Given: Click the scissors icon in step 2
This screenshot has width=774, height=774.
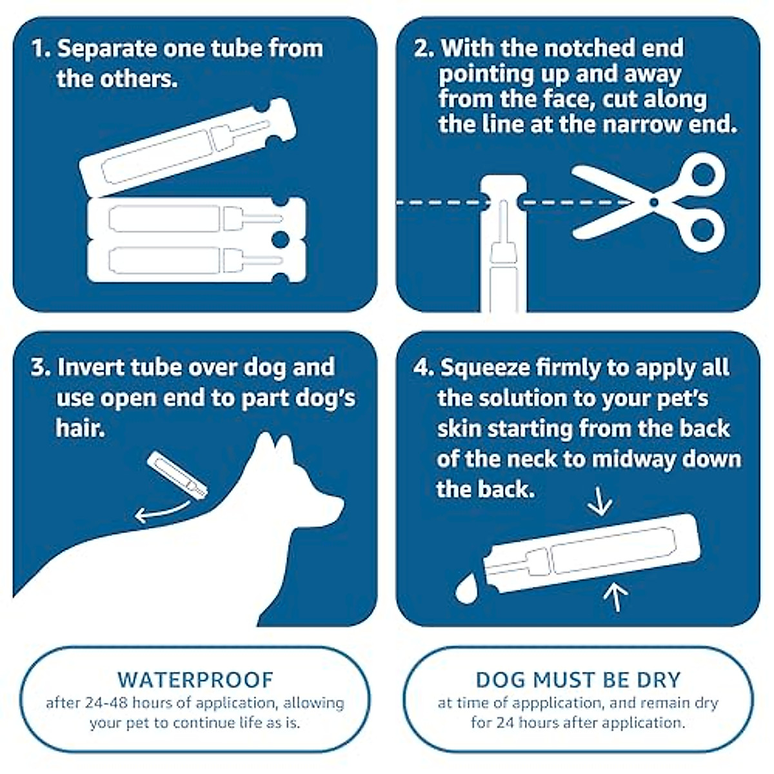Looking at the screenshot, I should pyautogui.click(x=651, y=203).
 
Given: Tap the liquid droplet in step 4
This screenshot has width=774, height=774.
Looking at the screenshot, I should pyautogui.click(x=466, y=589).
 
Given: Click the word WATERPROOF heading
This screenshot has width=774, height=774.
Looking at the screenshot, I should pyautogui.click(x=195, y=680).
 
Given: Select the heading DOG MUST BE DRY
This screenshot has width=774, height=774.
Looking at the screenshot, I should pyautogui.click(x=578, y=680).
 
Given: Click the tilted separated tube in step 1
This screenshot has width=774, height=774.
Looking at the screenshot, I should pyautogui.click(x=187, y=148).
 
